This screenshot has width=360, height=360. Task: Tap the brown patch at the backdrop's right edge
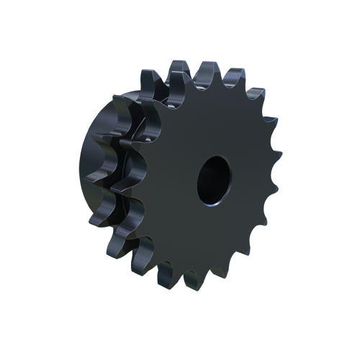click(279, 148)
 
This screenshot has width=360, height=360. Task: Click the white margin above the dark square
click(180, 29)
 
